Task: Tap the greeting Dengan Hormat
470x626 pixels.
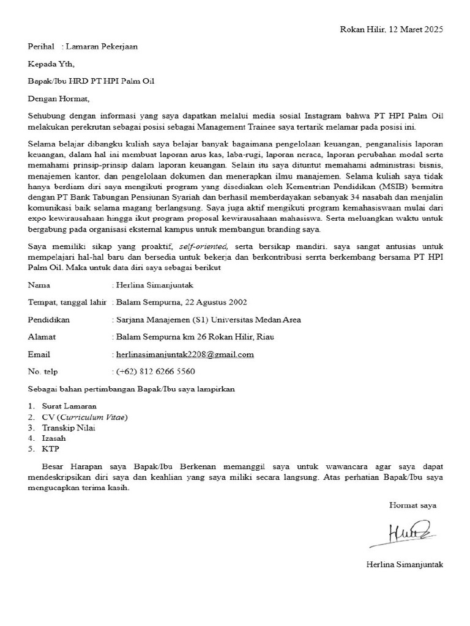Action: pos(59,98)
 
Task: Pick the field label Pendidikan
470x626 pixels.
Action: pos(49,320)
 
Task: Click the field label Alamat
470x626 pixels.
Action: pos(42,337)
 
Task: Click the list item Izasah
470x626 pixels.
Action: pos(54,438)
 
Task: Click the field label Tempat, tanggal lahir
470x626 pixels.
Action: pos(67,302)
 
